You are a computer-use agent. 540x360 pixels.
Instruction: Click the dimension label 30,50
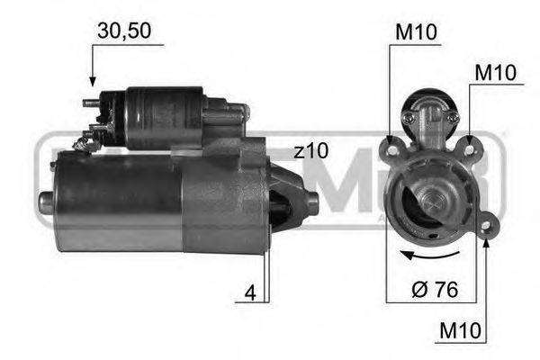coord(124,31)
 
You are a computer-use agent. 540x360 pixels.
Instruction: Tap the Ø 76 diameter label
coord(435,292)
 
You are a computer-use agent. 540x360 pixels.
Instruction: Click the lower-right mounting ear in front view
coord(489,225)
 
